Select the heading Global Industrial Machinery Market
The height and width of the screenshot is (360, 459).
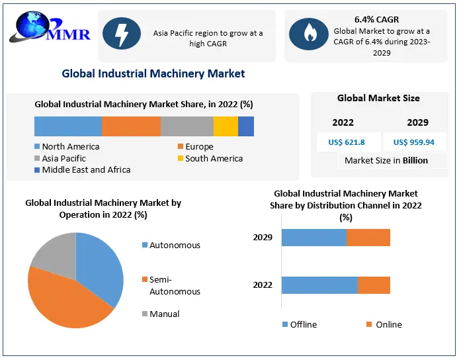(153, 73)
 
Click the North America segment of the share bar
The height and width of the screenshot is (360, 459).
(68, 126)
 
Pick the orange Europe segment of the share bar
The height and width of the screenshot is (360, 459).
(131, 126)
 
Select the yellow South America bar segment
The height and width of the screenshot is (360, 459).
(226, 126)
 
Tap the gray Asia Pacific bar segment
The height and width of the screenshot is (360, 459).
(187, 126)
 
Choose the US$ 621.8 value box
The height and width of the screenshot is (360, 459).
(345, 142)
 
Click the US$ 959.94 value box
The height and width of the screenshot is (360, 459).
(414, 142)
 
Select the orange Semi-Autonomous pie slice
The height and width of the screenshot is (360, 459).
(66, 301)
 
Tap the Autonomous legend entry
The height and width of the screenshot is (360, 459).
(171, 246)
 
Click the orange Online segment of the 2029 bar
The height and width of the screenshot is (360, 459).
(368, 238)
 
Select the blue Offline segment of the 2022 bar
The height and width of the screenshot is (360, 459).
(319, 285)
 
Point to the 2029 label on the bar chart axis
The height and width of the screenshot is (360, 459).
(263, 238)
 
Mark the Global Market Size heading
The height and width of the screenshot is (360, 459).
(378, 99)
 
